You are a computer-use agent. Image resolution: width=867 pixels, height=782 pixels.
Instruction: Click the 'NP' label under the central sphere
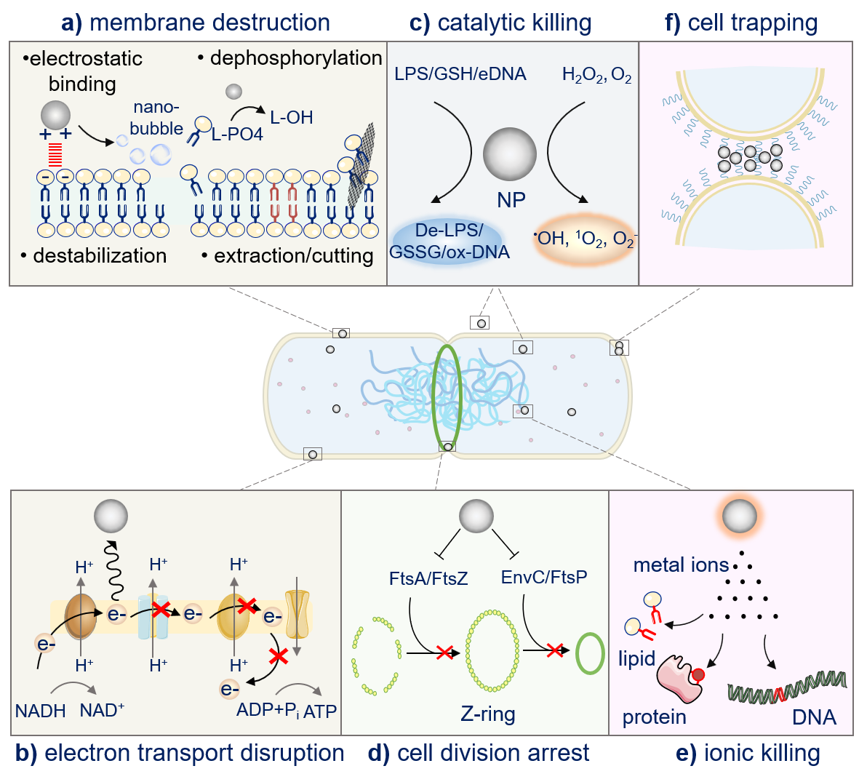[511, 200]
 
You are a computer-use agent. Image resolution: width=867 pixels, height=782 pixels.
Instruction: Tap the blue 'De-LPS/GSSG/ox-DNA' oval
[450, 242]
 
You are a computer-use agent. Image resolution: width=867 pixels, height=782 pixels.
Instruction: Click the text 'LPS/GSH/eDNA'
[460, 74]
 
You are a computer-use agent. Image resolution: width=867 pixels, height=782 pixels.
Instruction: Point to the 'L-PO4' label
[237, 135]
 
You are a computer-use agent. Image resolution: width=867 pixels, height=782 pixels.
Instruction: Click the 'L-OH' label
[291, 117]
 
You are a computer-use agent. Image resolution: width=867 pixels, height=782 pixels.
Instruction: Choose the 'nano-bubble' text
[156, 118]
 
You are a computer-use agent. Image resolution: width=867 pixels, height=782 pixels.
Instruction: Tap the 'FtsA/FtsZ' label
[428, 579]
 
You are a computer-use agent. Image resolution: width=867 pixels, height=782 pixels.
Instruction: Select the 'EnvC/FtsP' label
[544, 578]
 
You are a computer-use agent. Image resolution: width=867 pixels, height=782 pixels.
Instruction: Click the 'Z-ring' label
[488, 714]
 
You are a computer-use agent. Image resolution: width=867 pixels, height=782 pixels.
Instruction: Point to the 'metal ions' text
[681, 565]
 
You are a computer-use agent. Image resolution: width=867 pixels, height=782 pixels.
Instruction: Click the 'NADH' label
[41, 711]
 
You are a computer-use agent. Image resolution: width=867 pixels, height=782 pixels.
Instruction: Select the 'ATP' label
[320, 711]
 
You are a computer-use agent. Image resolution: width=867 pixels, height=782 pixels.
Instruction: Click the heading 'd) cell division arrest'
[478, 753]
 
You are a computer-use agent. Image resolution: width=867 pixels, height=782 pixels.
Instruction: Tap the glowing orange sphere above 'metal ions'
[739, 516]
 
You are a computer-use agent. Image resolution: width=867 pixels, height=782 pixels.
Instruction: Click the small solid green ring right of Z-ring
[590, 653]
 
